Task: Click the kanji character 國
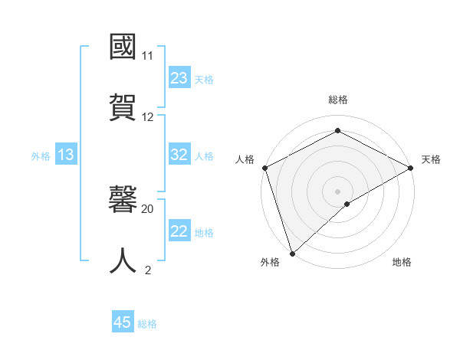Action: click(123, 47)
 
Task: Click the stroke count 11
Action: click(147, 56)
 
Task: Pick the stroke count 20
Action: click(148, 208)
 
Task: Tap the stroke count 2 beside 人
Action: click(148, 270)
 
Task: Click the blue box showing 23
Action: click(179, 78)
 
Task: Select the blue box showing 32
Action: click(179, 155)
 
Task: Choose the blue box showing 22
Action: click(179, 231)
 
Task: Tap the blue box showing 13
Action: click(66, 155)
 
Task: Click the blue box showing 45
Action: click(123, 322)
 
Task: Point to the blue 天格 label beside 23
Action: click(204, 79)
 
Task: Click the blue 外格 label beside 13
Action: click(41, 155)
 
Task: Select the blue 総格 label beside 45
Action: click(147, 323)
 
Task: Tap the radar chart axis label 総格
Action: click(338, 100)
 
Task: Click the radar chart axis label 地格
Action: click(402, 262)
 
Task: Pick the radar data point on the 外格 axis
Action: click(292, 253)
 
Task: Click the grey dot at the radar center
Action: click(338, 191)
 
